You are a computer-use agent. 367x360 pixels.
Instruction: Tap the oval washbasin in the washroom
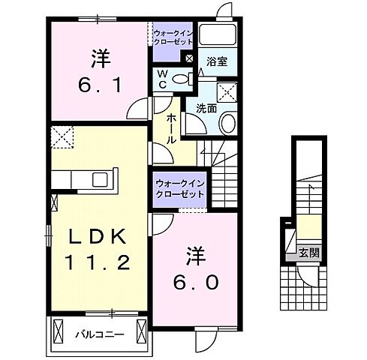coord(229,124)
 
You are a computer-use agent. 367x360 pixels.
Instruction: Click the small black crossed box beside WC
coord(189,58)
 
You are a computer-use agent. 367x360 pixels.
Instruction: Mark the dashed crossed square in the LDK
coord(61,138)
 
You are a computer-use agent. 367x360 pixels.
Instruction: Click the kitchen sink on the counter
coord(98,180)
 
